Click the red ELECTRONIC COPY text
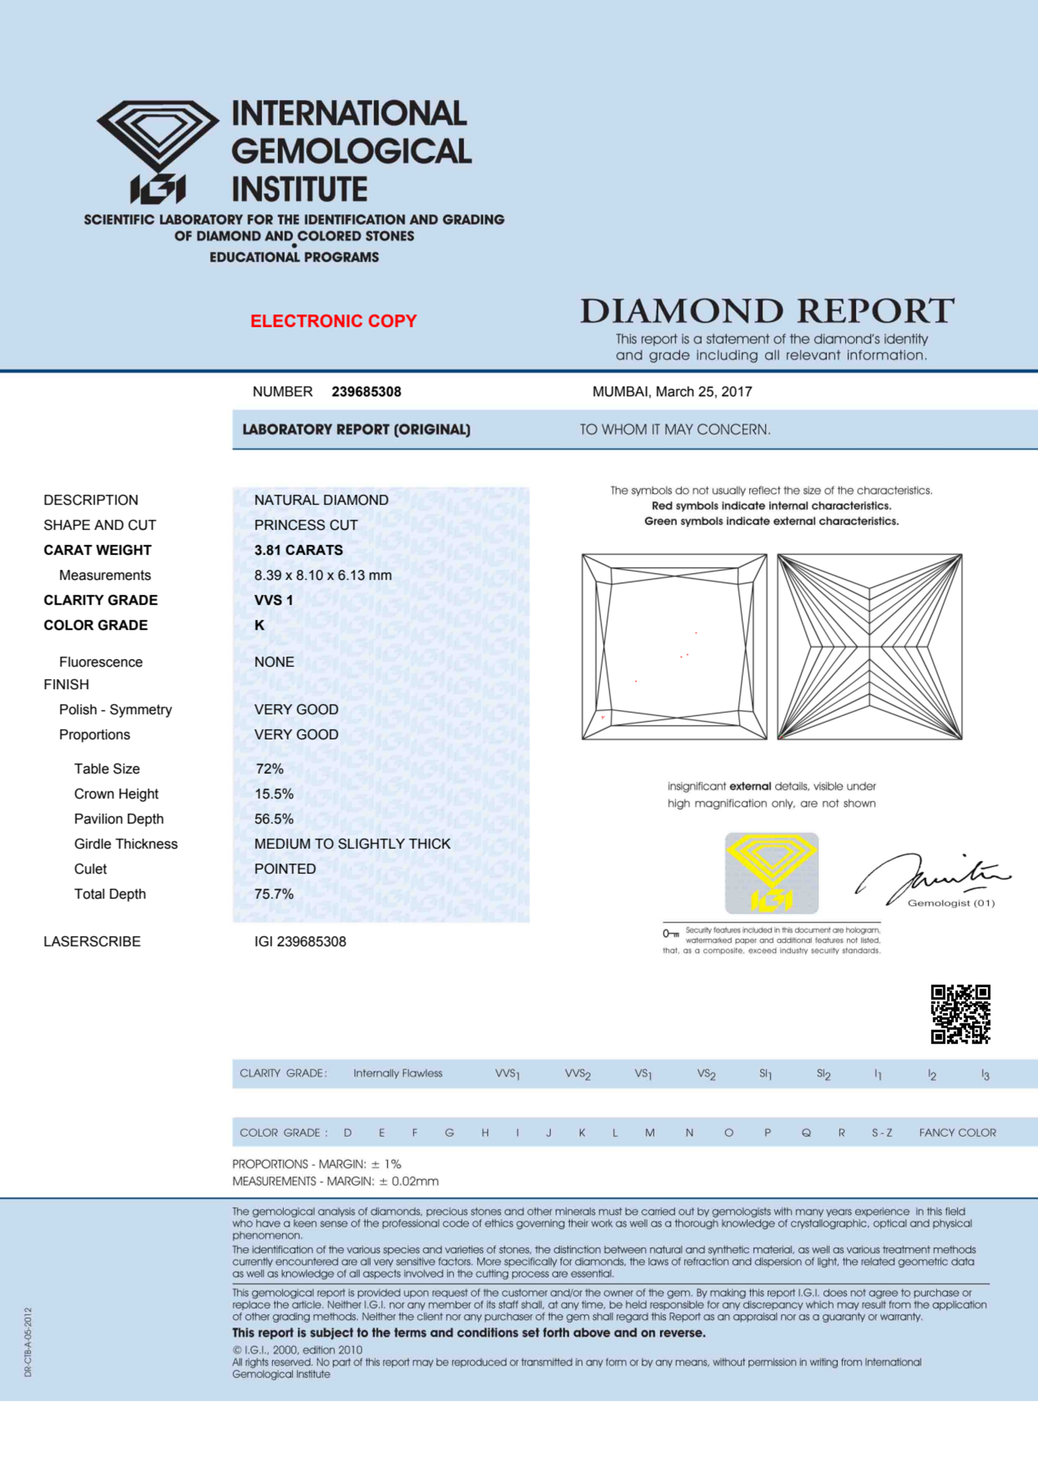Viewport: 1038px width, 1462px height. click(333, 321)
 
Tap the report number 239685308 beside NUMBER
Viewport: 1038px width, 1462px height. click(366, 392)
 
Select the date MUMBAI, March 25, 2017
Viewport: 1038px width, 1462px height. click(672, 392)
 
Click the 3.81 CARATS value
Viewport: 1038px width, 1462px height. click(298, 550)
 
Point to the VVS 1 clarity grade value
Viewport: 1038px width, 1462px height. click(273, 600)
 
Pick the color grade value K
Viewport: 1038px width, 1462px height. click(259, 625)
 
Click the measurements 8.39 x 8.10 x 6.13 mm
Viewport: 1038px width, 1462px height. click(323, 575)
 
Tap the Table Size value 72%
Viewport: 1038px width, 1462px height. click(269, 769)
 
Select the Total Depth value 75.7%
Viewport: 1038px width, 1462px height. click(273, 894)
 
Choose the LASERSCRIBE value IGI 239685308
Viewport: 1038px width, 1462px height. click(300, 942)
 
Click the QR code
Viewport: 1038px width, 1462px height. click(960, 1014)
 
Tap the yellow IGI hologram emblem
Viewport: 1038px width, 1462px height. click(771, 873)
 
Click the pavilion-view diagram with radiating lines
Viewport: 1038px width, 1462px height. click(869, 647)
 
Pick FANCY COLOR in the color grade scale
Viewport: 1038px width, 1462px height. click(957, 1133)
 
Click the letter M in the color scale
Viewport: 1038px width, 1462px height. click(649, 1133)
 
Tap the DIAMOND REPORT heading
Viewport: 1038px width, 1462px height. click(767, 311)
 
